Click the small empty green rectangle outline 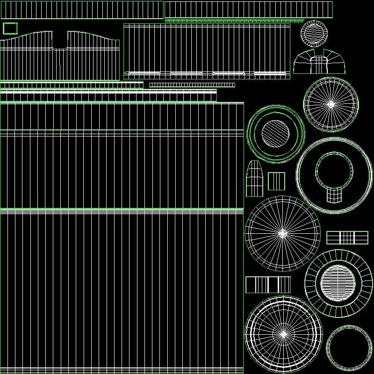(10, 29)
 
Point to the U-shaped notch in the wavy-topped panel (60, 41)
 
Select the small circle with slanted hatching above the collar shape (313, 33)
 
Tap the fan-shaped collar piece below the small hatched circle (319, 62)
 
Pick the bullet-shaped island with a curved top (254, 179)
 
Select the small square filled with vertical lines (276, 181)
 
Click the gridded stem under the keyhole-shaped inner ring (334, 194)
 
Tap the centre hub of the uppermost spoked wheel (331, 104)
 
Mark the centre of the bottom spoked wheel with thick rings (283, 334)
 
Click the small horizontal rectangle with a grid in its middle (347, 237)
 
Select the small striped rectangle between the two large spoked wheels (268, 285)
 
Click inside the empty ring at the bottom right (349, 347)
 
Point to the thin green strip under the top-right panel (234, 21)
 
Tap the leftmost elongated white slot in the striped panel (143, 73)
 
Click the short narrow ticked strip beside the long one (192, 85)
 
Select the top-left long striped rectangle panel (82, 9)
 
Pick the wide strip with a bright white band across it (108, 96)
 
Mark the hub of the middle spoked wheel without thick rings (282, 233)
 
